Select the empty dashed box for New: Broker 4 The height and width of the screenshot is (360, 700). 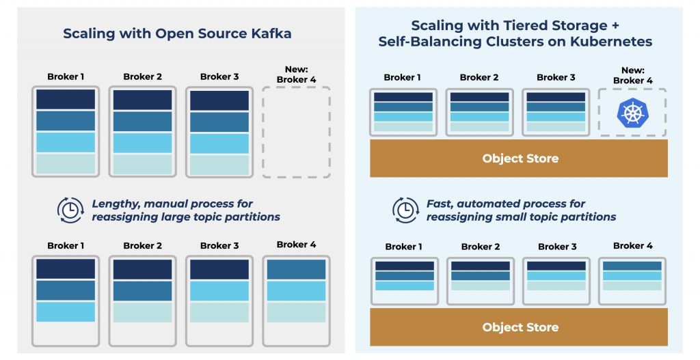pos(296,132)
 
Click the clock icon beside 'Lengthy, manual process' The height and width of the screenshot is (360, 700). pos(70,210)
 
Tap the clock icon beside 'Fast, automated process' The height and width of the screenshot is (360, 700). pos(405,210)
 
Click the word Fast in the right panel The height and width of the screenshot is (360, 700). pos(440,204)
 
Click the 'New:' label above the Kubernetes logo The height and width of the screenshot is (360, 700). pos(632,70)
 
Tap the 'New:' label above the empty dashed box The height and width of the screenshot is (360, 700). pos(296,70)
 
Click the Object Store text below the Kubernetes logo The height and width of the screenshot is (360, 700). pos(520,158)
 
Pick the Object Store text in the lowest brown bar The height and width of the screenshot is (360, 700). pos(520,327)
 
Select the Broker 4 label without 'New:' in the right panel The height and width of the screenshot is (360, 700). pos(632,245)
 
